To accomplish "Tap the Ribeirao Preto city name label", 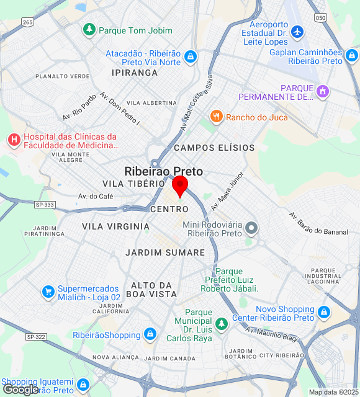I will [163, 171].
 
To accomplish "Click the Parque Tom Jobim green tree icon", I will [90, 29].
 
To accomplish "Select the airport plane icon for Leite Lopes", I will [297, 31].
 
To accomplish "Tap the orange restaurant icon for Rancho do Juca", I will [216, 117].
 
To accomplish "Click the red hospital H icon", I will [14, 140].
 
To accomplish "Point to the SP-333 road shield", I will [45, 204].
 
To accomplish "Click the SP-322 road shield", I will [36, 336].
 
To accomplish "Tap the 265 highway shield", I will [27, 22].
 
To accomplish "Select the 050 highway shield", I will [320, 17].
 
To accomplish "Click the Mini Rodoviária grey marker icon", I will [251, 228].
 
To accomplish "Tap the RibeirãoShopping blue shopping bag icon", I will [150, 335].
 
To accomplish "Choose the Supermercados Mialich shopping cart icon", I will [48, 291].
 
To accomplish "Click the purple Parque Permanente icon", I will [322, 92].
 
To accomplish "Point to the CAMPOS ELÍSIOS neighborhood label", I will [214, 148].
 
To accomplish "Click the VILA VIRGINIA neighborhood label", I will [115, 226].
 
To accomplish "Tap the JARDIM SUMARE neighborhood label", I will [164, 252].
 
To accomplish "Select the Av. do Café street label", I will [96, 196].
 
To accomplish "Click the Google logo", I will [20, 389].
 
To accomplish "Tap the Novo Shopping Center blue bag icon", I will [323, 312].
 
